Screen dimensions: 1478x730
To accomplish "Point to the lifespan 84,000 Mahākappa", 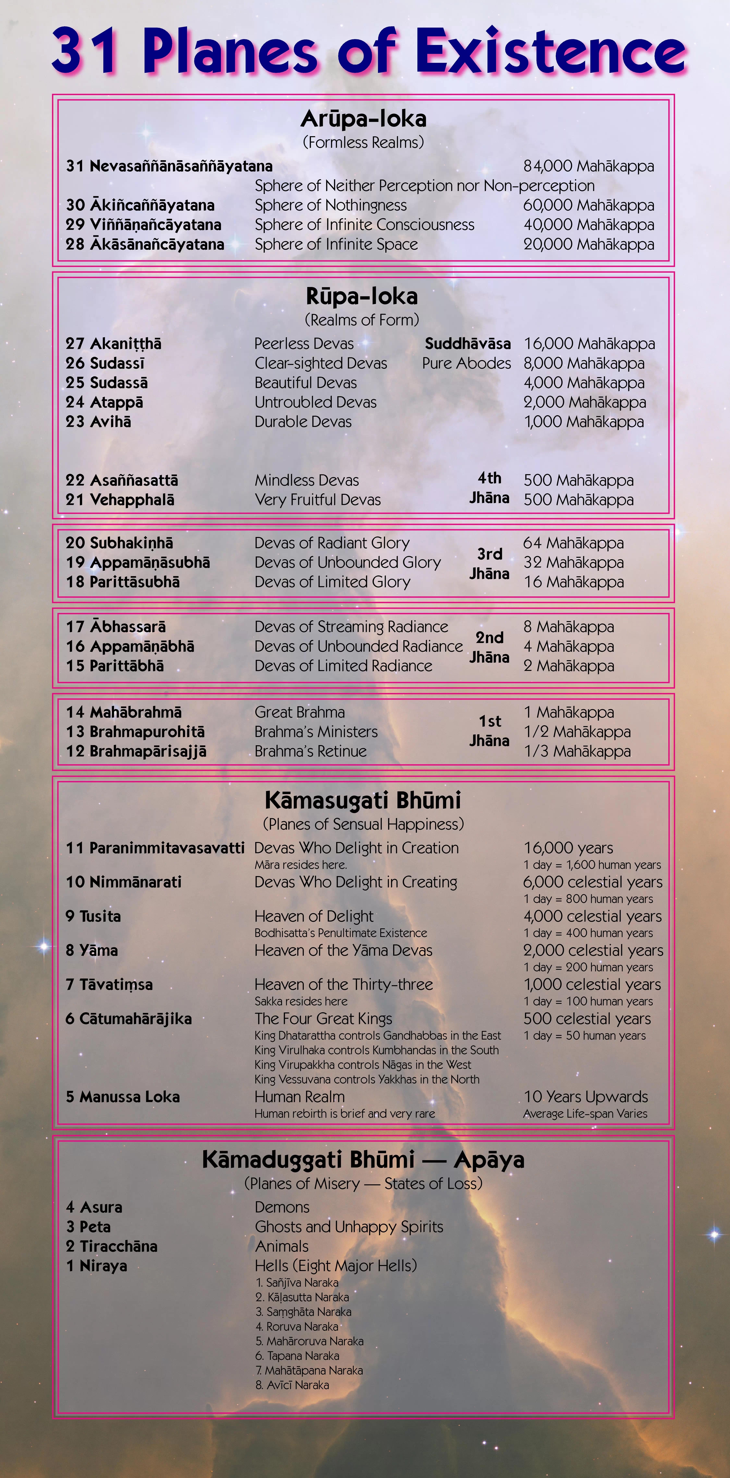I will click(588, 166).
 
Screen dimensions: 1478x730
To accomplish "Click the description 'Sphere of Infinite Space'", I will click(336, 244).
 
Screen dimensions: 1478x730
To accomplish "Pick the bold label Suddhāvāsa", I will click(467, 344).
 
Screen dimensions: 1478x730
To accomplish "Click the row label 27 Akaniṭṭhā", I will click(114, 344).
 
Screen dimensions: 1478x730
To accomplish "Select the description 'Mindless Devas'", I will click(307, 480).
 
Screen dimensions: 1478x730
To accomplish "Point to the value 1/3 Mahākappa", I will click(577, 751).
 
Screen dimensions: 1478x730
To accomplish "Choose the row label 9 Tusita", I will click(93, 916).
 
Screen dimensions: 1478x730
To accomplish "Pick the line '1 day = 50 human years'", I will click(584, 1036).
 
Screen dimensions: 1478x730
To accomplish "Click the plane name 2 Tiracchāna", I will click(112, 1246).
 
